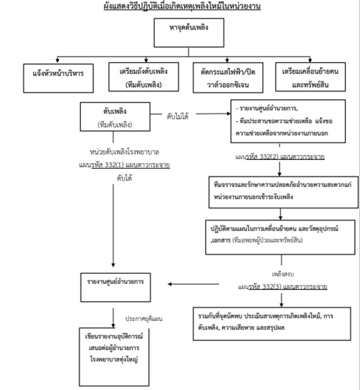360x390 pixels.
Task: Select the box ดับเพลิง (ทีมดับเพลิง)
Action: [x=115, y=117]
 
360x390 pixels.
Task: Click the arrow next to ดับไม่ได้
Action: [x=212, y=114]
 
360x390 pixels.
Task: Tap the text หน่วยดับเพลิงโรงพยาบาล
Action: [x=124, y=152]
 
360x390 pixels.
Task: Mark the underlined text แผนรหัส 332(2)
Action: [x=280, y=157]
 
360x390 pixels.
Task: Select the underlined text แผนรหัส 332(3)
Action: [x=282, y=287]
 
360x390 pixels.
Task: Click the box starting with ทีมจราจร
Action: [x=280, y=192]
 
